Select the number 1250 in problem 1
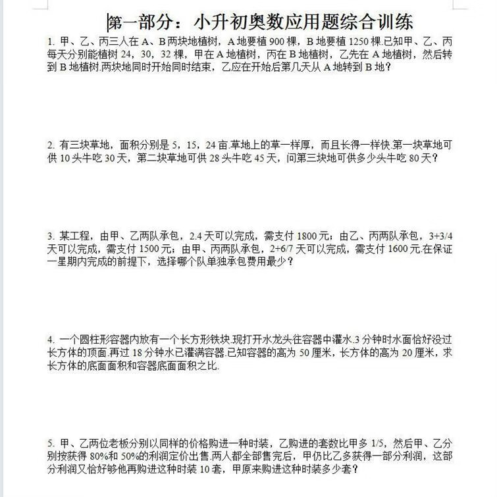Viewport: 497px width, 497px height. pos(361,41)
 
